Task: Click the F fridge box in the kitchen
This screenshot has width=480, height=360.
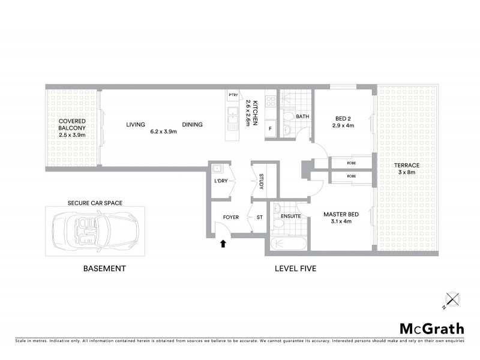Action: [x=270, y=129]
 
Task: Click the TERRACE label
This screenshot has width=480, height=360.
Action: [x=403, y=169]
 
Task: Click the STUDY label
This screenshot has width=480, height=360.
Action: [x=262, y=182]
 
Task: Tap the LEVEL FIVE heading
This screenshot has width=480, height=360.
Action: [x=295, y=269]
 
